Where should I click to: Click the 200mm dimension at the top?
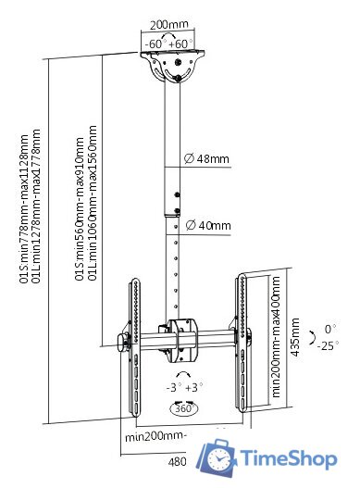pos(169,24)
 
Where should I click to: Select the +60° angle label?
pos(180,44)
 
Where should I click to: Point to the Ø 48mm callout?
pos(206,158)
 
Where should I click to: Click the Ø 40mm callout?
pos(208,225)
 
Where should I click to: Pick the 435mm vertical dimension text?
pos(295,337)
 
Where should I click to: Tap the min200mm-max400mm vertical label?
pos(276,337)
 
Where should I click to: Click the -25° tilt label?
pos(328,345)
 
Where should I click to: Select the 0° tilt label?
pos(330,329)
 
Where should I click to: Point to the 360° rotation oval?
pos(184,408)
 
